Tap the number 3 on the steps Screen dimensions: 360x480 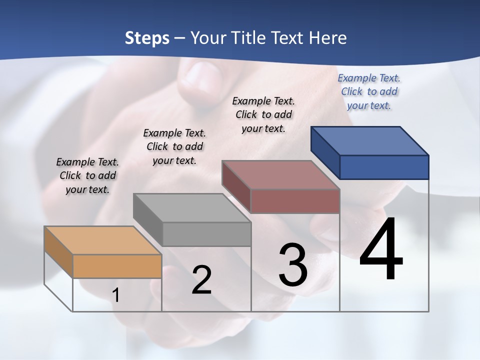click(293, 265)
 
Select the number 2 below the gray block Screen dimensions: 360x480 click(201, 280)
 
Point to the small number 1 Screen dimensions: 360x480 click(115, 295)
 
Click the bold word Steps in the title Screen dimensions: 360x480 click(147, 38)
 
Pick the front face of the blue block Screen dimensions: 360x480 click(384, 167)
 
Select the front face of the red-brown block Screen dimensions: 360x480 click(295, 201)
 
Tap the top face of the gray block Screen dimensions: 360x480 click(192, 207)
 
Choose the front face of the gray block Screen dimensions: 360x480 click(206, 234)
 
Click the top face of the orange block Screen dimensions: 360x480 click(103, 240)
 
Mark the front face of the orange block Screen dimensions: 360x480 click(117, 266)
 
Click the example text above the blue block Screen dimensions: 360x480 click(369, 91)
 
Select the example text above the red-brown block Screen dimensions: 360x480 click(263, 114)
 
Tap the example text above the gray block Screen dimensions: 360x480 click(174, 146)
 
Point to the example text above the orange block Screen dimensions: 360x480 click(87, 175)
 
